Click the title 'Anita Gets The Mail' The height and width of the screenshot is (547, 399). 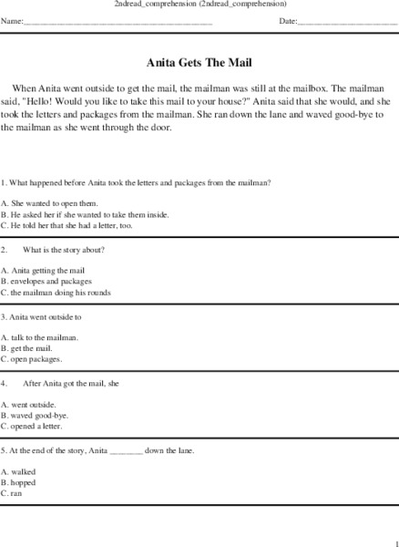click(x=199, y=65)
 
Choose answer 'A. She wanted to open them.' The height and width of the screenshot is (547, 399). click(x=49, y=202)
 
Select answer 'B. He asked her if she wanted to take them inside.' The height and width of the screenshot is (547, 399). click(x=85, y=213)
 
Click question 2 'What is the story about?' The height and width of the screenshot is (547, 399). click(x=64, y=249)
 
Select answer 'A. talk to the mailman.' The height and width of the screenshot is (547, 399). click(x=40, y=337)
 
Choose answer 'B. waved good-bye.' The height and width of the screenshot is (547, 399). click(x=35, y=415)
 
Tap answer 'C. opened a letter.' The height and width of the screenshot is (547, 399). click(x=35, y=426)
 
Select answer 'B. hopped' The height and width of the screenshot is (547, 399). click(x=19, y=481)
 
